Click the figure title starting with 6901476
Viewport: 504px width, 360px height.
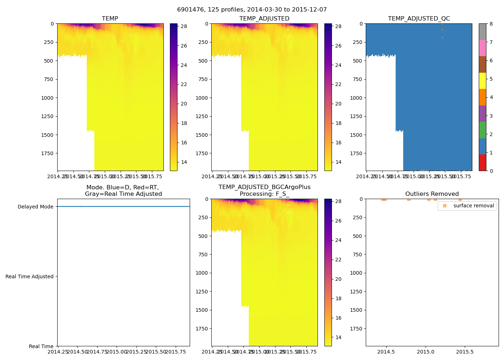tap(252, 10)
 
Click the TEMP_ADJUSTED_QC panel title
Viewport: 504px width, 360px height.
tap(419, 19)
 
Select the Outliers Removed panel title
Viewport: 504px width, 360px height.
tap(432, 194)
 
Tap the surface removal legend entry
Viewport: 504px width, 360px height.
tap(473, 206)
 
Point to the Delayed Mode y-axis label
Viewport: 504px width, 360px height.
tap(35, 207)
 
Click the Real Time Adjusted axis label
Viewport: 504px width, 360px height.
tap(30, 276)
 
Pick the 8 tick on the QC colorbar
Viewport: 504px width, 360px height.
tap(491, 24)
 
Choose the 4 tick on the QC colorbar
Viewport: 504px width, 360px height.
tap(491, 97)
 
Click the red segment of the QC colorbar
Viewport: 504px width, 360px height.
tap(482, 162)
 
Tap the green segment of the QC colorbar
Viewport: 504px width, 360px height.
tap(482, 130)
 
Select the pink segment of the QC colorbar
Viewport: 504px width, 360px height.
tap(482, 48)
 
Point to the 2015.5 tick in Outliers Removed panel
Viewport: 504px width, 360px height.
tap(465, 352)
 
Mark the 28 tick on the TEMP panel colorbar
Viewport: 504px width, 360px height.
tap(184, 26)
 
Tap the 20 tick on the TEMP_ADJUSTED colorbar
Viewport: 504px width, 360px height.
tap(338, 104)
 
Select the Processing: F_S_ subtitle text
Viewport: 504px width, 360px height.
tap(264, 194)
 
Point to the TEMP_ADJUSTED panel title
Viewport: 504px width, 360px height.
tap(264, 19)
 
